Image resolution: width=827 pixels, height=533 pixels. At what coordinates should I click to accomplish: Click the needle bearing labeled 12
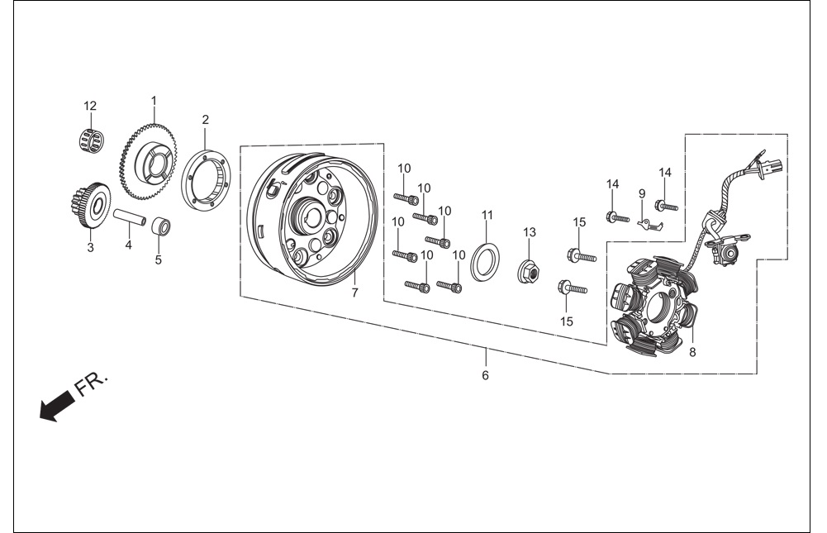90,140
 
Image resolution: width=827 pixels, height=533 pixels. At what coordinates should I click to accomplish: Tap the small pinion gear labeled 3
90,205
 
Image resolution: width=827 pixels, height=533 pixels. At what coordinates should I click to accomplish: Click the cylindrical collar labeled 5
161,226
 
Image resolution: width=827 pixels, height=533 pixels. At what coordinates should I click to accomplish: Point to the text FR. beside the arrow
91,385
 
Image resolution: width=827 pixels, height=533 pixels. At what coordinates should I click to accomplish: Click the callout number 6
485,375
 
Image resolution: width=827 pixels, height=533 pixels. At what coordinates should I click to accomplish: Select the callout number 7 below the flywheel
354,293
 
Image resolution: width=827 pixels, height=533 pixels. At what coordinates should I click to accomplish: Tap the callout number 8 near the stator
692,352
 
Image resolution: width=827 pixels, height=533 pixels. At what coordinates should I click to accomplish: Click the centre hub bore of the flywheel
310,217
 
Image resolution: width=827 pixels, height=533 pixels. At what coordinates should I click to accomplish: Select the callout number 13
530,232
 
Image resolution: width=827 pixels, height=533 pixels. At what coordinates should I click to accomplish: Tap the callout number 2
205,120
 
